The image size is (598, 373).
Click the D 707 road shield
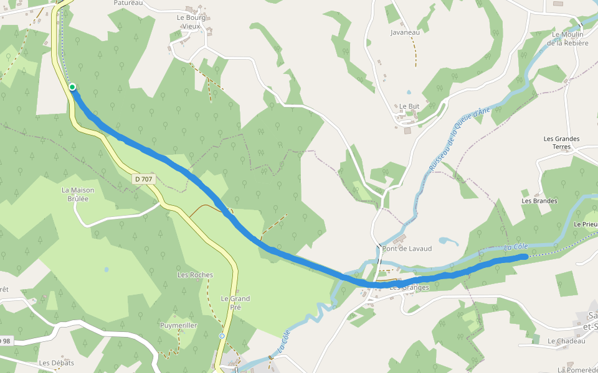tap(143, 179)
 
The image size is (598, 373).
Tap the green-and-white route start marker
tap(72, 87)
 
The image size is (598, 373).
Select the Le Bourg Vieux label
tap(191, 22)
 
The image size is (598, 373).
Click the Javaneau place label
tap(405, 32)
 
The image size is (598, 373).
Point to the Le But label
tap(409, 106)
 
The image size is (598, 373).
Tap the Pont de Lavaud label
tap(407, 249)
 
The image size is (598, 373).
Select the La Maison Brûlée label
tap(78, 194)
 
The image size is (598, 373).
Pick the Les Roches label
tap(195, 275)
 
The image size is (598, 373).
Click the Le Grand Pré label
tap(235, 303)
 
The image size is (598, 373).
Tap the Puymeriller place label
tap(179, 325)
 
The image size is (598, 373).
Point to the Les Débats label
tap(56, 363)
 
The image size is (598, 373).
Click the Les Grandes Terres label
tap(561, 142)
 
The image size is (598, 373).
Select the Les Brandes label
tap(539, 201)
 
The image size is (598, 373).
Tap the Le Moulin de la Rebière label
tap(567, 39)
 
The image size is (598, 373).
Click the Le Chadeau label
tap(567, 341)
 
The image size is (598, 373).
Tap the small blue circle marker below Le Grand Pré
tap(222, 336)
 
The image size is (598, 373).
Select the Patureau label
tap(128, 3)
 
